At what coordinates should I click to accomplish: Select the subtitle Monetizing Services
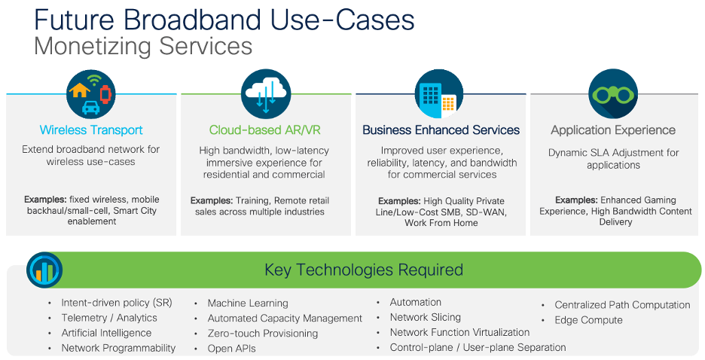point(143,46)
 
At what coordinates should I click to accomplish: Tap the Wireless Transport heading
point(91,130)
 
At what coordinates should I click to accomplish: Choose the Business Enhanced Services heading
point(441,130)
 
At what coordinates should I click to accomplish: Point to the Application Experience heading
point(613,130)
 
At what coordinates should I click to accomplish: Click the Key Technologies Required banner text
point(363,270)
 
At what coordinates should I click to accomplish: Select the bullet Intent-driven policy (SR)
point(117,303)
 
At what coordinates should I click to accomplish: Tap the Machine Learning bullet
point(248,303)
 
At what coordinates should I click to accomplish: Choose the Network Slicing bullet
point(425,317)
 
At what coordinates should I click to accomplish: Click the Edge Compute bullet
point(588,320)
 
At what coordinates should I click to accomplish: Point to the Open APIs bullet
point(231,348)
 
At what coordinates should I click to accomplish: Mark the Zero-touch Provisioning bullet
point(262,333)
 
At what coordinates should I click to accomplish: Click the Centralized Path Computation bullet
point(622,305)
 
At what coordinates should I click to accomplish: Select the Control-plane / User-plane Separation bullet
point(478,347)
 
